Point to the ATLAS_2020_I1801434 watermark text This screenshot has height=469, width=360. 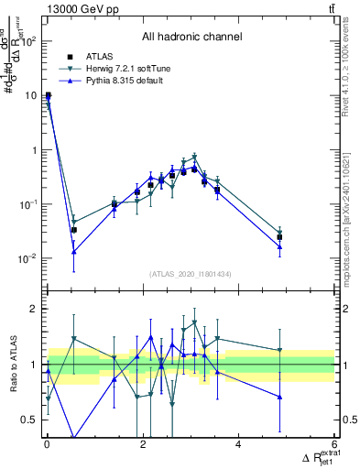click(x=191, y=274)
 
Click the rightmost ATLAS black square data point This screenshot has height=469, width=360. click(x=279, y=237)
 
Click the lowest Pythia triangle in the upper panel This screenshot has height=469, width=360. click(x=73, y=251)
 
